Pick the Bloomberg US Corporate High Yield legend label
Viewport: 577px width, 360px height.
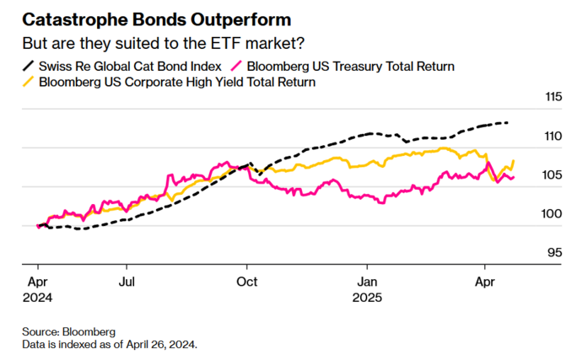(x=177, y=82)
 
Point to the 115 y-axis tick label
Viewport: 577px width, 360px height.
(x=553, y=97)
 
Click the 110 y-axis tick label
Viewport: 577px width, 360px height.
(x=553, y=136)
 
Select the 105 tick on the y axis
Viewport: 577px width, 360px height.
(x=553, y=175)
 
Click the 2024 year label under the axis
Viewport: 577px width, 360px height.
(x=39, y=298)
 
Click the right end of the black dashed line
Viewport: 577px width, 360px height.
(x=508, y=123)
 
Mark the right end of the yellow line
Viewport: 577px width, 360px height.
(x=514, y=161)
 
